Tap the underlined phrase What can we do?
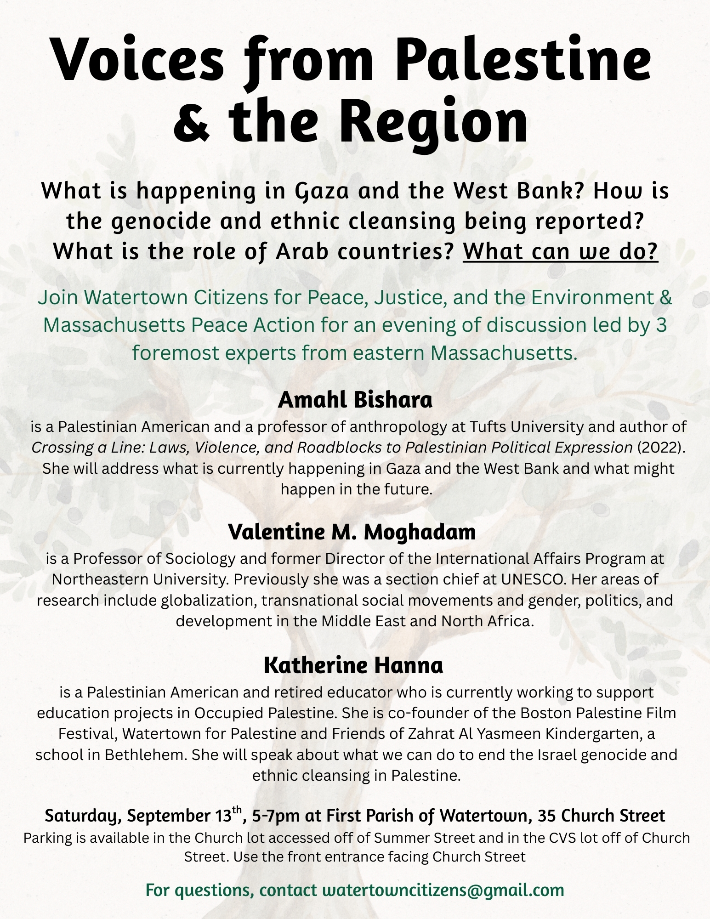(x=561, y=251)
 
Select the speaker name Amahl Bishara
(x=355, y=400)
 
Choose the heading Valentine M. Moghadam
(x=352, y=532)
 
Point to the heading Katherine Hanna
(x=353, y=665)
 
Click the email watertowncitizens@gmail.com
(x=443, y=890)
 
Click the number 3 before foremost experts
(x=661, y=325)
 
